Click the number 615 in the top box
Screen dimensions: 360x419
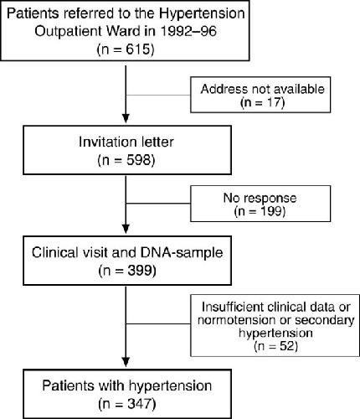[138, 49]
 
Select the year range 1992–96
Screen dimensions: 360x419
[188, 31]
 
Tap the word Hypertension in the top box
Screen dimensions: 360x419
[202, 14]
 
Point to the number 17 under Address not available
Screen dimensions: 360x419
[274, 102]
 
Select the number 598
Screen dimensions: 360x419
[139, 160]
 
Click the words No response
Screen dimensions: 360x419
[260, 198]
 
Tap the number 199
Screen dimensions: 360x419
[271, 211]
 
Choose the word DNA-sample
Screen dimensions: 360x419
[182, 252]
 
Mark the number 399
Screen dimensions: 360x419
[140, 271]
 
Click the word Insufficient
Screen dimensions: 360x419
[233, 307]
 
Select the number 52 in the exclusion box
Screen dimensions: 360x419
[287, 346]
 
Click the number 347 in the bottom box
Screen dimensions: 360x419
[140, 404]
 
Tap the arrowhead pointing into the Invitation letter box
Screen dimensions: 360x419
[126, 118]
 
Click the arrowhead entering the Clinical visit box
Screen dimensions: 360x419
[126, 229]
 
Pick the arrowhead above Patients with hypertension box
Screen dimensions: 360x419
[126, 362]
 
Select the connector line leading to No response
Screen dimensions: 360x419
[158, 204]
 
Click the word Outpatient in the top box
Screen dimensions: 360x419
[67, 31]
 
